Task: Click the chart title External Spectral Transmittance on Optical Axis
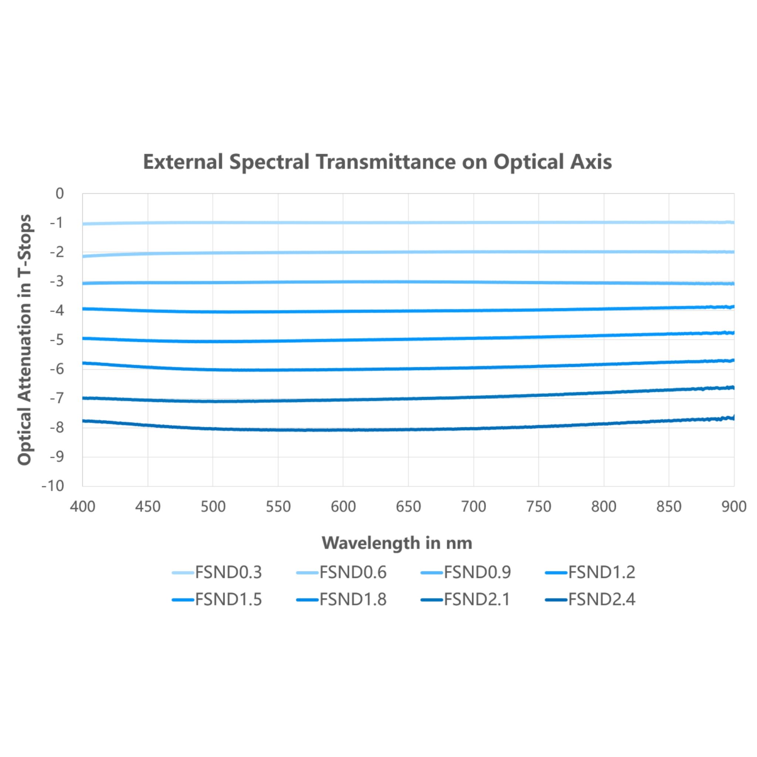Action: (x=377, y=162)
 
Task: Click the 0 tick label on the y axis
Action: (x=60, y=194)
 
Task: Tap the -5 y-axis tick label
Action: (x=57, y=340)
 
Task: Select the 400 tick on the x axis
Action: (x=83, y=507)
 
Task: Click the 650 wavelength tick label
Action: (x=408, y=507)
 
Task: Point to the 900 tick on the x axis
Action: (x=734, y=507)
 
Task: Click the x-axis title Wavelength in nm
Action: (x=397, y=543)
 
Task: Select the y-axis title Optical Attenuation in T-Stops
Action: (x=24, y=340)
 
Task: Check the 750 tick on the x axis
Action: (x=539, y=507)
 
